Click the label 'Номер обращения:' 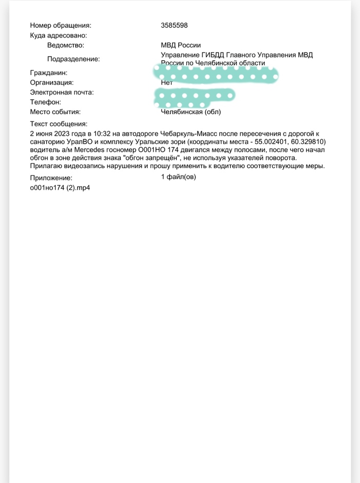[60, 25]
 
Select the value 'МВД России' [181, 45]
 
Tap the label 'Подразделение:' [74, 59]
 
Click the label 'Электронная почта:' [62, 93]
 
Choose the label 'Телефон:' [46, 102]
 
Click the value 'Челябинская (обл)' [191, 112]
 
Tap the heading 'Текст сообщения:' [59, 124]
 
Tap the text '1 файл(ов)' [178, 177]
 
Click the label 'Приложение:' [51, 178]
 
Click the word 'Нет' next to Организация [167, 82]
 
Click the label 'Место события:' [56, 112]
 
